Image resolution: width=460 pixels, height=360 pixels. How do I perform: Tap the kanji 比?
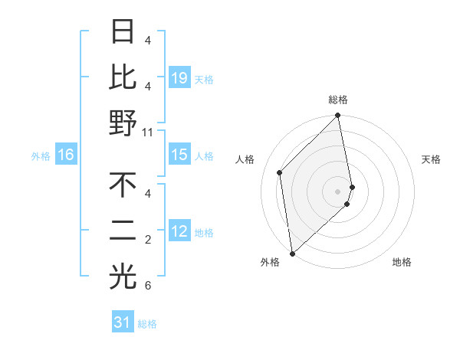pos(123,77)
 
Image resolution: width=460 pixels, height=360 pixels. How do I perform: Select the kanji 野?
pos(123,123)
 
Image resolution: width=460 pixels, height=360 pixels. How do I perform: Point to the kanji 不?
pos(123,185)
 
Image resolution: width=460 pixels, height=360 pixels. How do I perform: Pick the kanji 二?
pos(123,231)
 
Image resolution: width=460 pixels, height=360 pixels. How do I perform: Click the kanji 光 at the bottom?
pos(123,277)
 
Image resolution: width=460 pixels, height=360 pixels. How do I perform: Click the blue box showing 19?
pos(179,77)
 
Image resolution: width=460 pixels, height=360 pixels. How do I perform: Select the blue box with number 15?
pos(179,155)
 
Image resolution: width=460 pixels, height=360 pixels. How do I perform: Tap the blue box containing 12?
pos(179,231)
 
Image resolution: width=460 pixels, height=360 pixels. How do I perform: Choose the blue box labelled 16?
pos(66,155)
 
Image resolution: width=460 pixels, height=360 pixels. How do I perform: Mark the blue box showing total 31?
pos(123,322)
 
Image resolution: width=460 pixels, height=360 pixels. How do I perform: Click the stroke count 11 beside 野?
pos(148,132)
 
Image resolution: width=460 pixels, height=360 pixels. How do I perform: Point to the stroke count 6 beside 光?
pos(148,286)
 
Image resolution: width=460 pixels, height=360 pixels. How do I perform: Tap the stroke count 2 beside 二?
pos(148,241)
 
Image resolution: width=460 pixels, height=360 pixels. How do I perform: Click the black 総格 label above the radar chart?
pos(338,100)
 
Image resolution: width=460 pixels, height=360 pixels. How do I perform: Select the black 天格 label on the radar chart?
pos(431,159)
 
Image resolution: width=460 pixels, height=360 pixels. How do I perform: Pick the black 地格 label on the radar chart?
pos(402,262)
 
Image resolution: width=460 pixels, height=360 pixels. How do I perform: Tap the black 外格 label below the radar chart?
pos(270,262)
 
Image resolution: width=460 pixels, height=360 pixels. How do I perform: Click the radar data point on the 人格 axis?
pos(280,172)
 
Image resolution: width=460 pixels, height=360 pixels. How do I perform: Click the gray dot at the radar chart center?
pos(338,191)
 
